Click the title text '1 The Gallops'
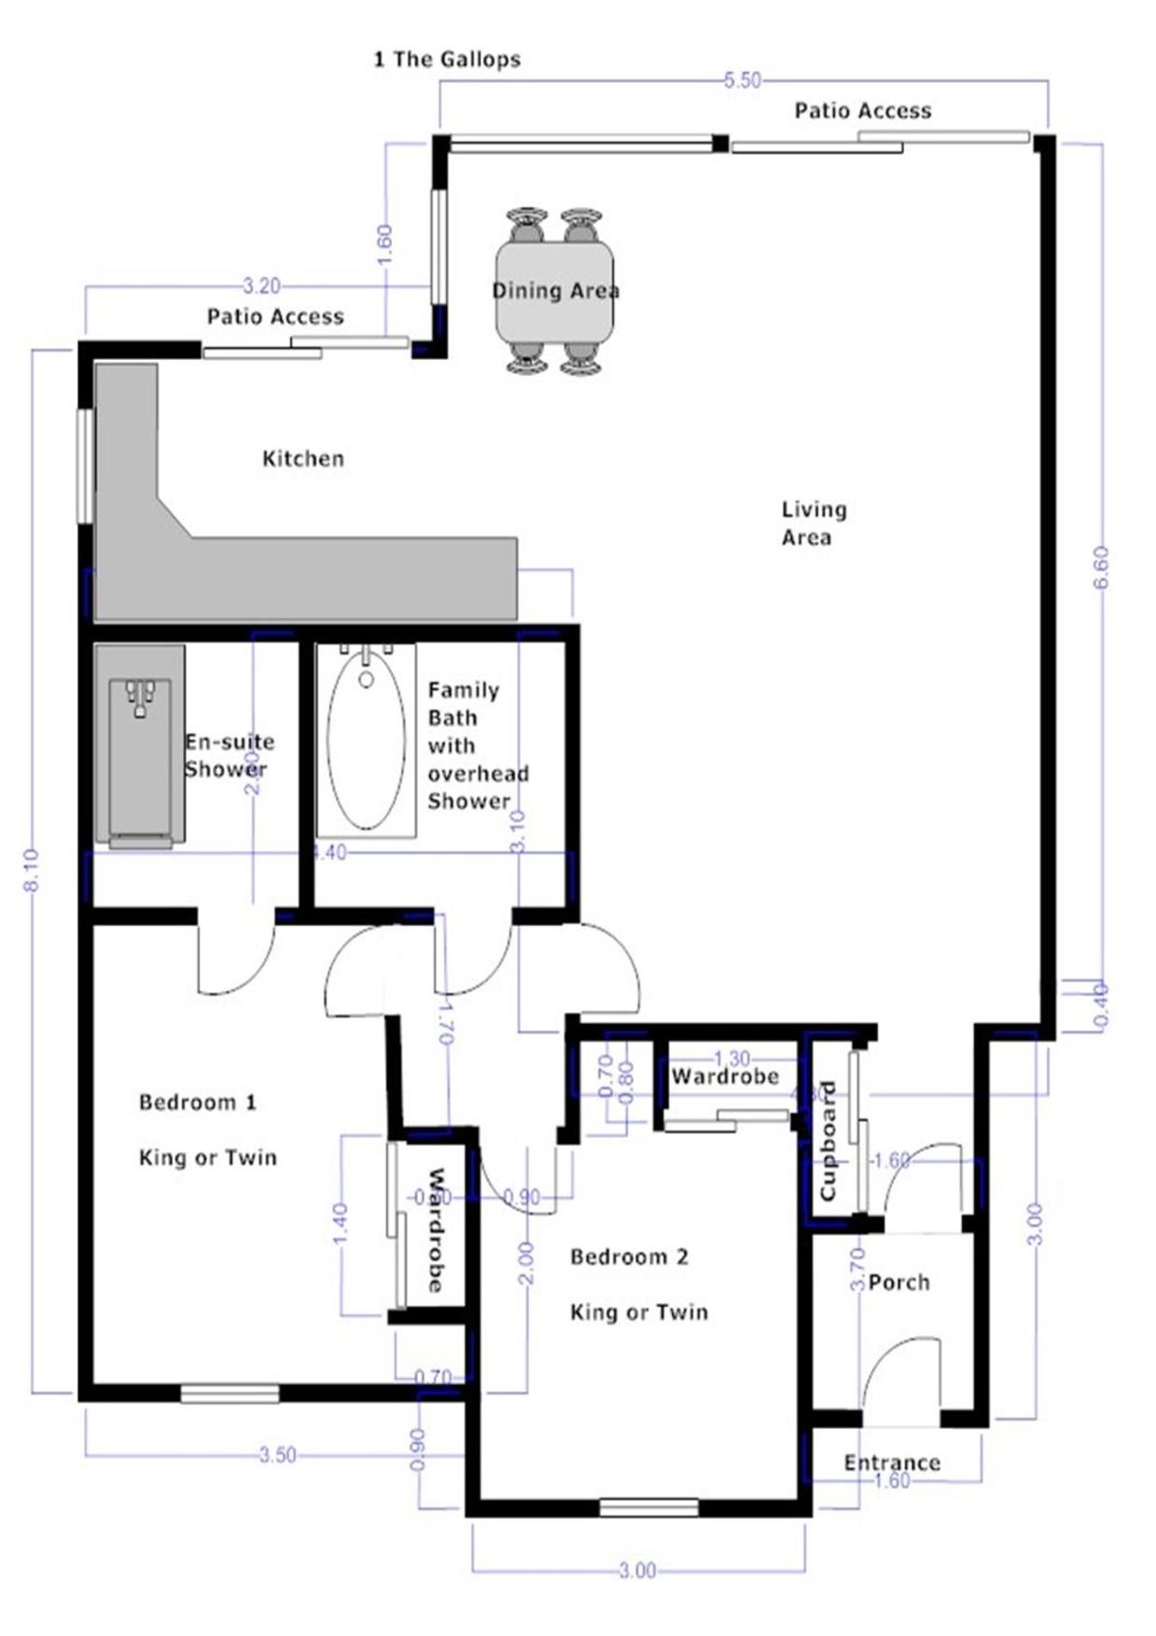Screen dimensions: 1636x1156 tap(447, 60)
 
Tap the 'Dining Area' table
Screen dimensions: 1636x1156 tap(554, 291)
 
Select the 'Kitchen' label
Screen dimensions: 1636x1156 tap(302, 459)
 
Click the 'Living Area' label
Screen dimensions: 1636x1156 tap(813, 523)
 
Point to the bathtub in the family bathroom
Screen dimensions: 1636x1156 tap(366, 742)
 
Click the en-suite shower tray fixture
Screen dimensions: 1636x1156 tap(140, 746)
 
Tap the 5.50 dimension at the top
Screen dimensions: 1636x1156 tap(742, 81)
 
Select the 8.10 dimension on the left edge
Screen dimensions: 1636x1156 tap(32, 870)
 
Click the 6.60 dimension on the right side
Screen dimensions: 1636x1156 tap(1101, 566)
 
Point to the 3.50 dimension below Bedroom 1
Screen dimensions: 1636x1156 tap(277, 1455)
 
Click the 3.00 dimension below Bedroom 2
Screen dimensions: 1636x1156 tap(637, 1572)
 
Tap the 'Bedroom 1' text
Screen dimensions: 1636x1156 tap(197, 1102)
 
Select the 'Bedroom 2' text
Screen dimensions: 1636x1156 tap(629, 1257)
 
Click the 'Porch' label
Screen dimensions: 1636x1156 tap(898, 1282)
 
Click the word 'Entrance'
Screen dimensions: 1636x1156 tap(891, 1463)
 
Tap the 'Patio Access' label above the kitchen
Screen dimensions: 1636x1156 tap(275, 317)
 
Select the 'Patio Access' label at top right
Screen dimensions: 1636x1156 tap(862, 111)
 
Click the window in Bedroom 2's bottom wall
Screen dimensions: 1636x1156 tap(648, 1507)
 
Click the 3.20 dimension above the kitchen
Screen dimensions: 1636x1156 tap(261, 285)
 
